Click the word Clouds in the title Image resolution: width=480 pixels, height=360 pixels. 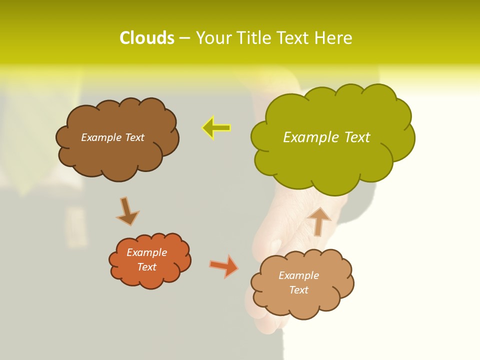147,38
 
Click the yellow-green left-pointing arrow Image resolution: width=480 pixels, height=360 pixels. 216,127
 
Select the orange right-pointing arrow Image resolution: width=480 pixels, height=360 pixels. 224,266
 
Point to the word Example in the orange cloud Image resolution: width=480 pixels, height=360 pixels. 146,252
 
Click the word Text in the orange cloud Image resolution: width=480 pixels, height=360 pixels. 146,267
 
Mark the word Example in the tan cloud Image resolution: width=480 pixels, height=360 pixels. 298,275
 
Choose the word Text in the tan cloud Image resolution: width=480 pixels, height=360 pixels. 298,290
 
